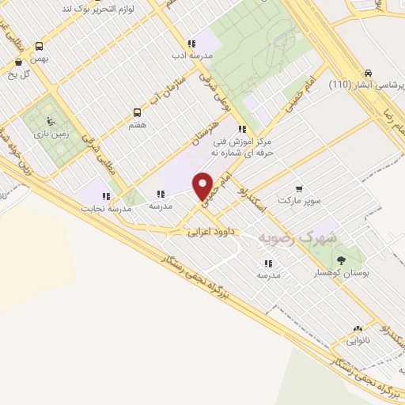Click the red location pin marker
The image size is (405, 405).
pyautogui.click(x=203, y=187)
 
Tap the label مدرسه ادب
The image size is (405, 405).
pyautogui.click(x=191, y=56)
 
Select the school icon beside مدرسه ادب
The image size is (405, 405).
pyautogui.click(x=191, y=44)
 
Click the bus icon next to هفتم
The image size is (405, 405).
pyautogui.click(x=137, y=112)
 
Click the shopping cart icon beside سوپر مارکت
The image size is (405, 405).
pyautogui.click(x=298, y=188)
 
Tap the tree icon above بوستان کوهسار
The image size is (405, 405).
pyautogui.click(x=341, y=259)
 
